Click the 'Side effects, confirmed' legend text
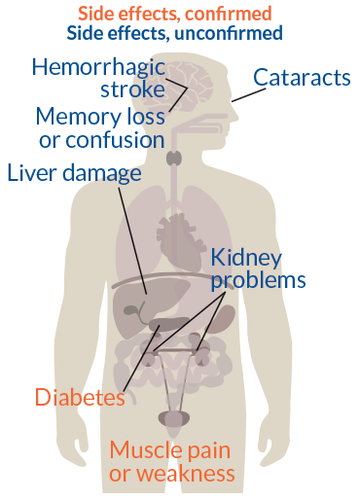pos(175,14)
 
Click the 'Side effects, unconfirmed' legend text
pos(175,32)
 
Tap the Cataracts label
pos(301,77)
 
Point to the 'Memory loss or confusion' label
pos(99,127)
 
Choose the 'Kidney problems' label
pos(259,268)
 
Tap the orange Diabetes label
pos(80,397)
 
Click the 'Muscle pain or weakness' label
pos(172,461)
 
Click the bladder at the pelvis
pos(177,419)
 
